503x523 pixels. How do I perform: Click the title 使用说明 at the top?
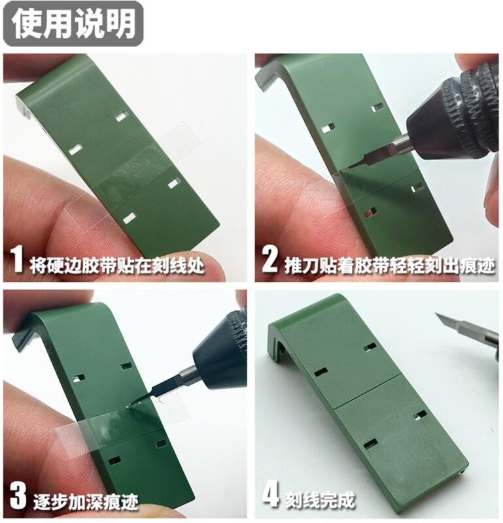[73, 25]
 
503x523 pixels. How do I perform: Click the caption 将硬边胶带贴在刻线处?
[118, 265]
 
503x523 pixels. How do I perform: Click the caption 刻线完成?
[320, 499]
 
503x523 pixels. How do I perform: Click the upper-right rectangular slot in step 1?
[122, 116]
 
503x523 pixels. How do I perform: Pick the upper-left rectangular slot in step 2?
[328, 127]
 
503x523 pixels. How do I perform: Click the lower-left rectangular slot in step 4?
[370, 444]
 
